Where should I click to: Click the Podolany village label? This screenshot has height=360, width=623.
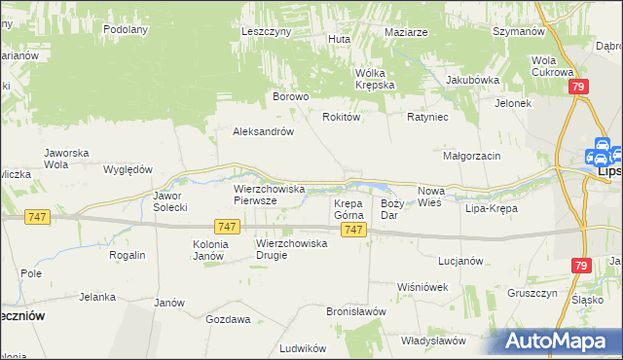(x=126, y=29)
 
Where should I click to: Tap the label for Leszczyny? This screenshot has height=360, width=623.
(x=267, y=31)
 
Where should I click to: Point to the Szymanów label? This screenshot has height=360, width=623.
(x=518, y=31)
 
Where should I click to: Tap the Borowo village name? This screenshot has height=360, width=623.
(x=290, y=97)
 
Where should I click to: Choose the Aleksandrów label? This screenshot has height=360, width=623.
(x=263, y=132)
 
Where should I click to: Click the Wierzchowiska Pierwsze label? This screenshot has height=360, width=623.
(x=270, y=195)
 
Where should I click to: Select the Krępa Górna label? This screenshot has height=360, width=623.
(x=348, y=209)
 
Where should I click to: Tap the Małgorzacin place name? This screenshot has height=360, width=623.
(x=471, y=156)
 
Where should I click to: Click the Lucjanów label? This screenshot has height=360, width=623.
(x=460, y=262)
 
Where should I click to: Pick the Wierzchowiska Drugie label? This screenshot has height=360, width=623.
(x=291, y=249)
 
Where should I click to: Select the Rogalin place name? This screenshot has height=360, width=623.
(x=128, y=255)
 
